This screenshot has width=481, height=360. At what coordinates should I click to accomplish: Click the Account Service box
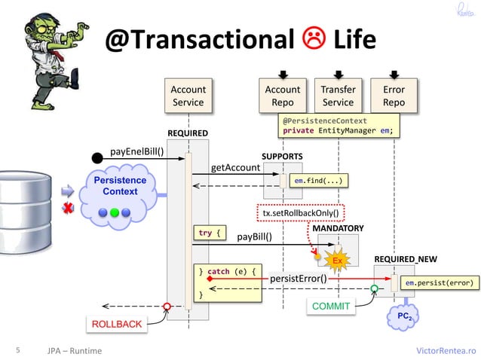tap(188, 96)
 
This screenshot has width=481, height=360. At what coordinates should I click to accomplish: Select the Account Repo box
tap(283, 96)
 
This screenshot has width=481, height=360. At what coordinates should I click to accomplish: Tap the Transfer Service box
tap(338, 96)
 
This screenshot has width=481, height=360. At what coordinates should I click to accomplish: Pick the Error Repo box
tap(394, 96)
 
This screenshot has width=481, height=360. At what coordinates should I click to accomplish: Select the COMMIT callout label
tap(330, 307)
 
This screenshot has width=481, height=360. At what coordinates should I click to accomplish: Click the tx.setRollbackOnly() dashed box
tap(300, 213)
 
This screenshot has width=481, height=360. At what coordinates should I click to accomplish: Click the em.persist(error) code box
tap(439, 282)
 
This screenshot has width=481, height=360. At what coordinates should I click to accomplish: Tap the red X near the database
tap(66, 208)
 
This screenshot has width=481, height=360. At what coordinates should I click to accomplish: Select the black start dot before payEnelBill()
tap(97, 157)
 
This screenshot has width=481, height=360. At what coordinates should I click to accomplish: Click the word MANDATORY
tap(338, 228)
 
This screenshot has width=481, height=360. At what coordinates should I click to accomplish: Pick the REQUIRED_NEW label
tap(404, 259)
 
